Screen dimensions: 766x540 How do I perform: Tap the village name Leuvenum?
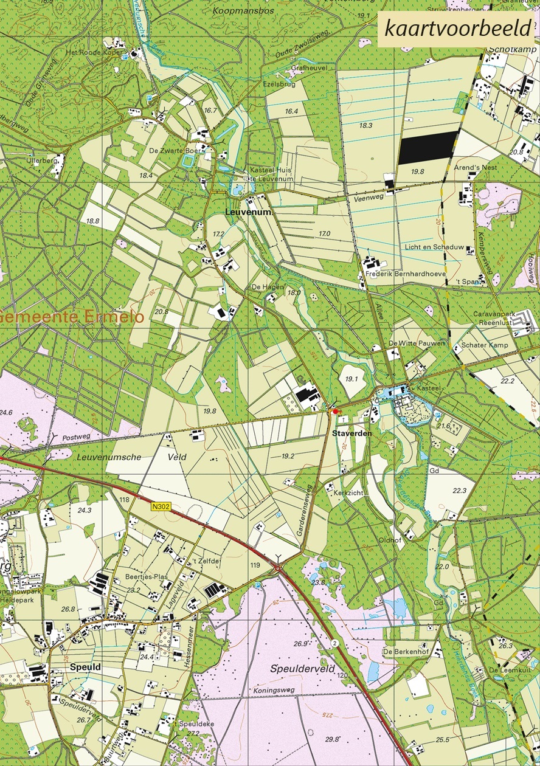coord(247,213)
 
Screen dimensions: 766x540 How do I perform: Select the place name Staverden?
coord(352,433)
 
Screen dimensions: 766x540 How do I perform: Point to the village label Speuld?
coord(86,667)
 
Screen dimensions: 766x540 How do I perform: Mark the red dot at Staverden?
coord(334,412)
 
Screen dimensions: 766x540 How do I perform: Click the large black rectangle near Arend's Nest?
coord(427,148)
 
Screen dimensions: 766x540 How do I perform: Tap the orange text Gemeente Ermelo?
coord(73,317)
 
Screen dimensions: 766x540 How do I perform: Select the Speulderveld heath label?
coord(303,669)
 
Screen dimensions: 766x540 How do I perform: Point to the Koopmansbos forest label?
coord(243,11)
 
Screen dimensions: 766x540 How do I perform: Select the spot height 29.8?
coord(332,739)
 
